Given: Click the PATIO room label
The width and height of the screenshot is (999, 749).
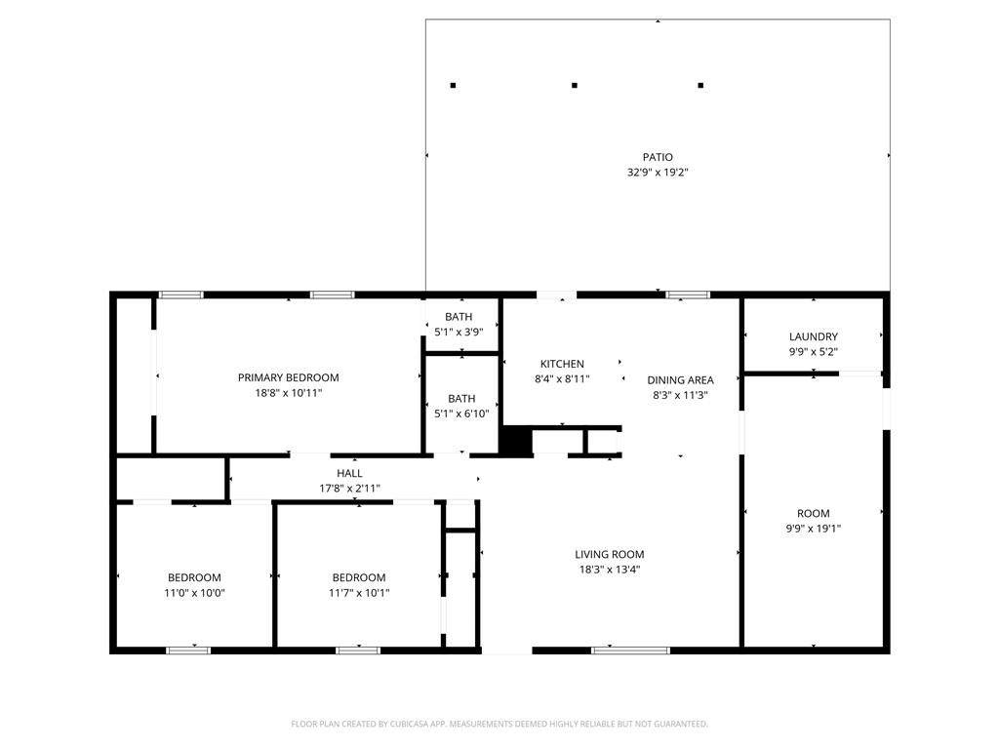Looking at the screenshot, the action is (x=658, y=157).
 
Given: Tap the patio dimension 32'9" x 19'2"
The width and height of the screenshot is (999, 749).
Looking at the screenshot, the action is (x=658, y=172).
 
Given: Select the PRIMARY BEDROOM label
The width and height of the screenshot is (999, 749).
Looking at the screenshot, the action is (x=288, y=377).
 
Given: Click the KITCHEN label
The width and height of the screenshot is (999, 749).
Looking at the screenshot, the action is (x=562, y=364).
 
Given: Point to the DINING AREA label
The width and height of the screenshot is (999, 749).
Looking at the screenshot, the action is (x=680, y=380).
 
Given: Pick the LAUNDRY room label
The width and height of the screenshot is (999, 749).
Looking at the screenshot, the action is (x=814, y=336).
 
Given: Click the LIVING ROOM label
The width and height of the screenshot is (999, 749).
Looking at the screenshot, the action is (x=610, y=555).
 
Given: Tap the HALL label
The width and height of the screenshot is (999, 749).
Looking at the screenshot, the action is (x=350, y=473).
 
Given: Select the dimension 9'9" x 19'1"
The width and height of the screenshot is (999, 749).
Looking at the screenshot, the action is (x=814, y=528).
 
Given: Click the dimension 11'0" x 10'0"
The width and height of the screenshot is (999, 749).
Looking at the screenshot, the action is (x=194, y=593).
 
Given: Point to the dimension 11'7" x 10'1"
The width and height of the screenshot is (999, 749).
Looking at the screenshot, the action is (x=359, y=593).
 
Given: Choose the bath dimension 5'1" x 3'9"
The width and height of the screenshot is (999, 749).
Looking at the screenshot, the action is (x=459, y=332).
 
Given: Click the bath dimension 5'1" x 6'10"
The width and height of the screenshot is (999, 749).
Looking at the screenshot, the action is (x=461, y=414).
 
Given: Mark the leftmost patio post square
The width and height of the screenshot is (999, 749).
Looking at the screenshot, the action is (x=453, y=85).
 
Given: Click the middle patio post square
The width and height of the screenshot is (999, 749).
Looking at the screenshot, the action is (x=575, y=85).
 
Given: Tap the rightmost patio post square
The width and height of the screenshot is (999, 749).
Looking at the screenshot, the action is (x=700, y=85).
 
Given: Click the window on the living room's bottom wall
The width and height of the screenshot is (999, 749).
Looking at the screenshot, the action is (x=630, y=650).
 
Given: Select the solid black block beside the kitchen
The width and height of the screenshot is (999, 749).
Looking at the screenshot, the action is (x=517, y=442).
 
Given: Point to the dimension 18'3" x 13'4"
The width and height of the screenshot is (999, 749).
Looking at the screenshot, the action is (x=610, y=570).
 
